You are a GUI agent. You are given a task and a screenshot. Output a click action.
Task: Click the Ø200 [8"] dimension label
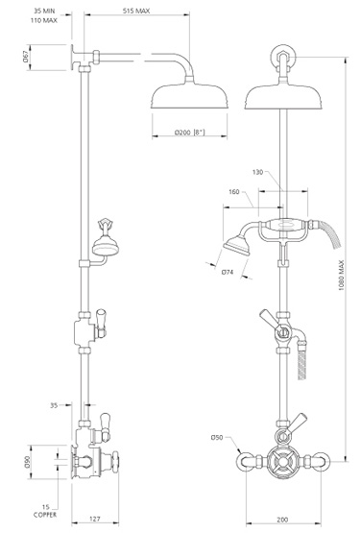click(187, 131)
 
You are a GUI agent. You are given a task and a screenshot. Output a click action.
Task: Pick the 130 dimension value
click(256, 173)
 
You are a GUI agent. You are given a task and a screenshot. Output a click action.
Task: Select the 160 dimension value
click(234, 191)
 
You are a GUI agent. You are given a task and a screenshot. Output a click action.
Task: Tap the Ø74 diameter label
click(228, 272)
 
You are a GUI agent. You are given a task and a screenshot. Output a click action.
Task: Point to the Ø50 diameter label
click(218, 439)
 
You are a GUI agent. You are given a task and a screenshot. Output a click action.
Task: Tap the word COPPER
click(43, 517)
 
